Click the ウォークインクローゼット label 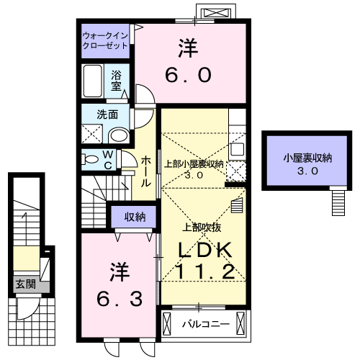(x=104, y=39)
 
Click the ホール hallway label (x=145, y=171)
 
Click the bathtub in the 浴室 (x=93, y=80)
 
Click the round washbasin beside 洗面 (x=118, y=136)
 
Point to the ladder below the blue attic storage (x=338, y=201)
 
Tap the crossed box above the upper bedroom (x=217, y=12)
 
